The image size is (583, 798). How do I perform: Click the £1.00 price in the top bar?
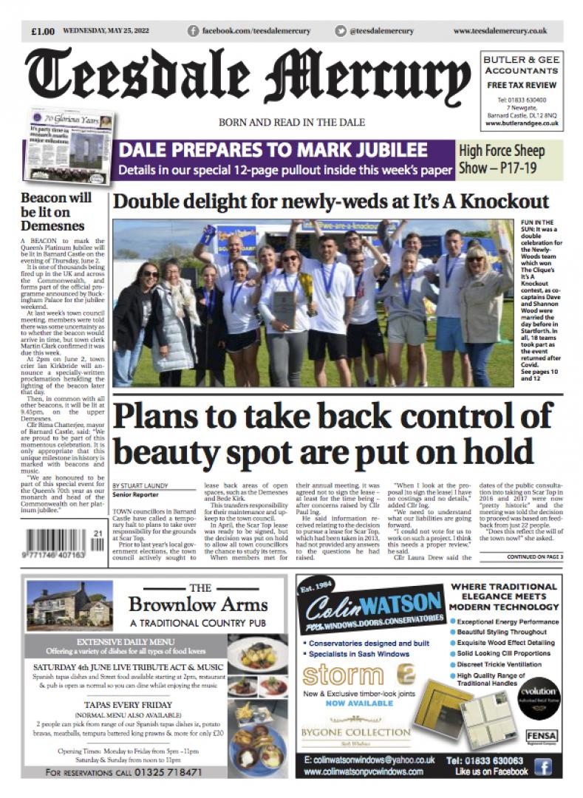[x=43, y=31]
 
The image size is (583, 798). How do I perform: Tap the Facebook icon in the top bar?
[x=194, y=31]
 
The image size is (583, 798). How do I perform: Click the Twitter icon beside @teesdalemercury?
[x=341, y=31]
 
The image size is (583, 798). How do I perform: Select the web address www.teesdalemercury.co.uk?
[x=500, y=31]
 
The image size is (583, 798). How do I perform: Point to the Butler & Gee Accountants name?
[x=521, y=65]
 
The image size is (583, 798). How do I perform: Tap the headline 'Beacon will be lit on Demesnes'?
[x=57, y=211]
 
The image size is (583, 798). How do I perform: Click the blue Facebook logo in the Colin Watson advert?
[x=542, y=766]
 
